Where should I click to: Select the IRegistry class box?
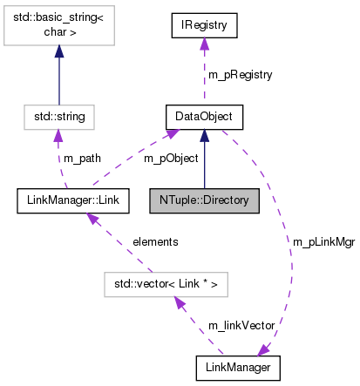204,26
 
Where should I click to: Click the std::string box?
58,115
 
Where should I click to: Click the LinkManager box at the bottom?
239,369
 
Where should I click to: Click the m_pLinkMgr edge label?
321,241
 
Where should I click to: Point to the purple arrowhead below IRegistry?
204,45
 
